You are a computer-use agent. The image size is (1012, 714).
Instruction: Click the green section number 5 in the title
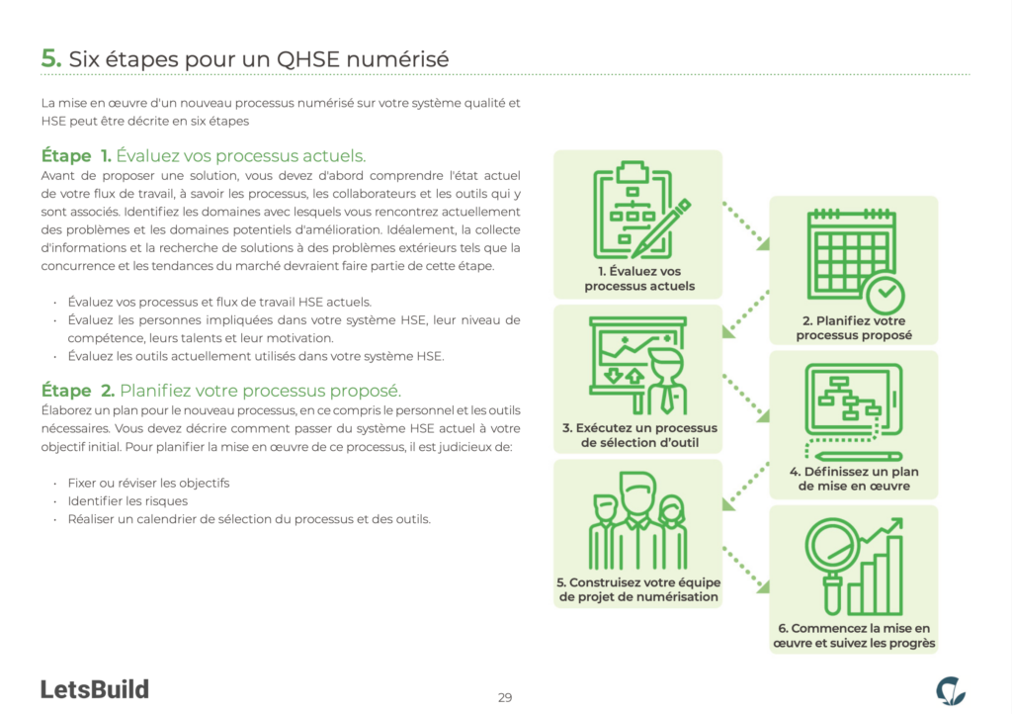pos(51,58)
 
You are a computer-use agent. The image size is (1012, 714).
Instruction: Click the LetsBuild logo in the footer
pos(95,688)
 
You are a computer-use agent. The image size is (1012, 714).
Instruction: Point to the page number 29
pos(505,697)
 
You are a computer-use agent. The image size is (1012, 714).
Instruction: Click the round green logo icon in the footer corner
pos(951,690)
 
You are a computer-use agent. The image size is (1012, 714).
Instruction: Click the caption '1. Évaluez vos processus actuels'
pos(638,279)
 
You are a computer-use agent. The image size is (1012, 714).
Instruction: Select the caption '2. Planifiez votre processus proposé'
pos(853,327)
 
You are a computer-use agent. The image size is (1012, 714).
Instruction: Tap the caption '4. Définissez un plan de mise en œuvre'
pos(853,479)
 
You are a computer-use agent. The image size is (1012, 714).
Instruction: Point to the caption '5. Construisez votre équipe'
pos(638,589)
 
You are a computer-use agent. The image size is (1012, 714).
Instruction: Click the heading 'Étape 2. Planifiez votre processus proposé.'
pos(220,390)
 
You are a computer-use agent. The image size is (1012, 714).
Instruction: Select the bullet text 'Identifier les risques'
pos(127,501)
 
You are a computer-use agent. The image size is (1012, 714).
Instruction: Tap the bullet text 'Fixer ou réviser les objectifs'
pos(148,483)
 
